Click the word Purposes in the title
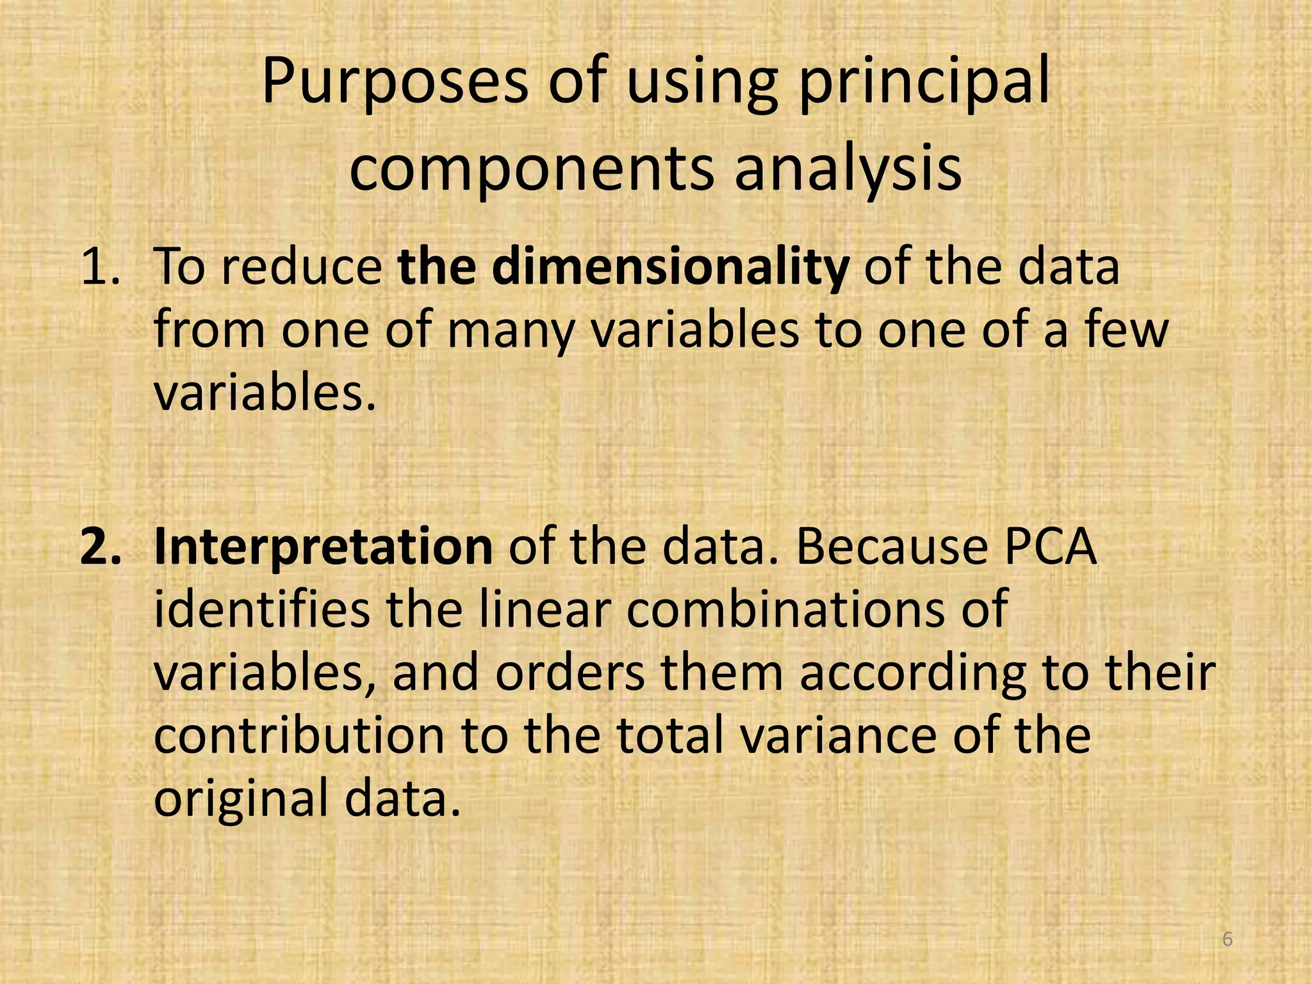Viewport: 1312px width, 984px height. pyautogui.click(x=395, y=84)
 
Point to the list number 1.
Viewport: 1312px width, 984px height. pyautogui.click(x=99, y=267)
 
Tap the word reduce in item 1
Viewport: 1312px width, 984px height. pyautogui.click(x=301, y=267)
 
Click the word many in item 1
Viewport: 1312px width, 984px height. pyautogui.click(x=509, y=331)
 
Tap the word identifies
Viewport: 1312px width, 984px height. pyautogui.click(x=261, y=609)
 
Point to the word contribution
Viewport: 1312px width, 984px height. pyautogui.click(x=299, y=736)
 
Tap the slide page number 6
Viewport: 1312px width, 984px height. pyautogui.click(x=1227, y=940)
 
